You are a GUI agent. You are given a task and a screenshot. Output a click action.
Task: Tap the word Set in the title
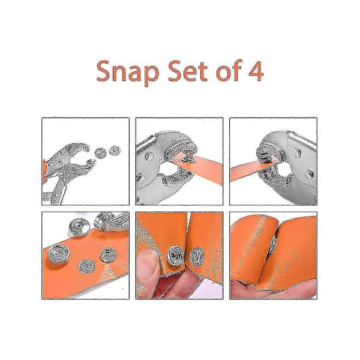coord(188,71)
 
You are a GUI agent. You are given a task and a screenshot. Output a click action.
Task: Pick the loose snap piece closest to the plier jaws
coord(101,153)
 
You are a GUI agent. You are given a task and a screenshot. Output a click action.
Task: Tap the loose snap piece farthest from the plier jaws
coord(115,151)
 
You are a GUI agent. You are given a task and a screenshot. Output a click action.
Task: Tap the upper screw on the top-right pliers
coord(296,152)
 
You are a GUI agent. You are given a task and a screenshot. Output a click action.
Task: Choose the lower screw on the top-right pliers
coord(310,173)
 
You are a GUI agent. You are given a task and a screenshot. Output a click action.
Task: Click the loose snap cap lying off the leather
coord(79,227)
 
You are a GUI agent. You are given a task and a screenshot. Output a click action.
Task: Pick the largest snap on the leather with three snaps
coord(59,254)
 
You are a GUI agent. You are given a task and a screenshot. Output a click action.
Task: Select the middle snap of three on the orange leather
coord(87,266)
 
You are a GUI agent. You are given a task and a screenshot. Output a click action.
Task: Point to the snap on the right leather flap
coord(197,257)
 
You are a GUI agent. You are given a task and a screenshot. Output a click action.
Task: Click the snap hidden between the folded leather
coord(273,245)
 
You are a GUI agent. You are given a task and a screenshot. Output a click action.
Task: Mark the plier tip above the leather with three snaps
coord(108,221)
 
